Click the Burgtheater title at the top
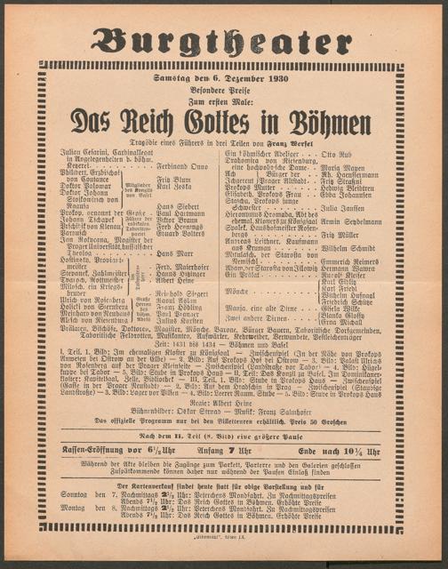click(x=223, y=38)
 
